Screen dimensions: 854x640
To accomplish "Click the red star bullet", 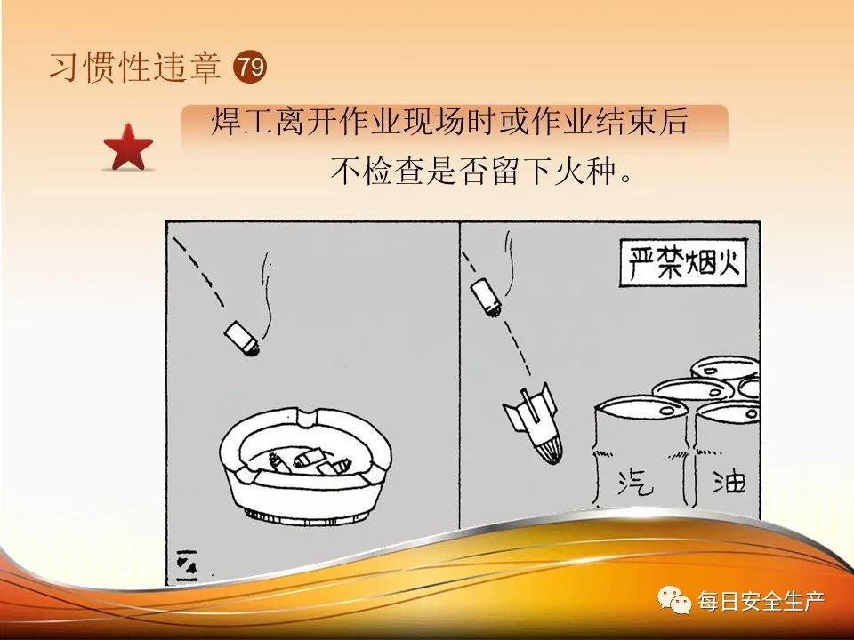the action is [128, 148].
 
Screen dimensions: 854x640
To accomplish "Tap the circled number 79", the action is [250, 67].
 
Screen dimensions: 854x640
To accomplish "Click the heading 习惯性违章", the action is [135, 68].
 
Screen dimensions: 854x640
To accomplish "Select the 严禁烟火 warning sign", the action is [683, 263].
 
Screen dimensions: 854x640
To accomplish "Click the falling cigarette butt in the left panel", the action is [241, 339].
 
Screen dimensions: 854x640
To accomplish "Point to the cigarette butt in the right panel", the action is [486, 297].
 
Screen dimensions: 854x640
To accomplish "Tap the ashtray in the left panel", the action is [305, 465].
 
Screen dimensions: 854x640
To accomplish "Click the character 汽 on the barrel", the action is [635, 482].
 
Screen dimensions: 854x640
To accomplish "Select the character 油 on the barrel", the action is [729, 481].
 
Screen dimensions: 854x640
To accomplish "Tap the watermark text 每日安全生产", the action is [761, 601].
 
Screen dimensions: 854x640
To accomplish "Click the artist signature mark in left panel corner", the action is [187, 565].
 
